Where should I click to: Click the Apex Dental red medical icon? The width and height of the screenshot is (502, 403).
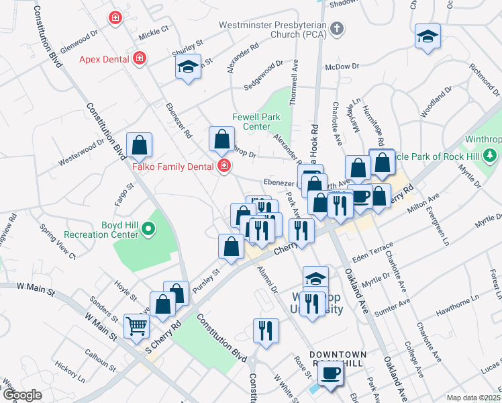tap(140, 59)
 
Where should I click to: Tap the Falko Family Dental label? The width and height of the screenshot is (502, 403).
tap(171, 167)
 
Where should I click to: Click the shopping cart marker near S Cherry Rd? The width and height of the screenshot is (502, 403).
tap(137, 326)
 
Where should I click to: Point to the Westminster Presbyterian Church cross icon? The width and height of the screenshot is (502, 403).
tap(337, 30)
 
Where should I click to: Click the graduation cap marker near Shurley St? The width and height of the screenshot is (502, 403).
tap(188, 66)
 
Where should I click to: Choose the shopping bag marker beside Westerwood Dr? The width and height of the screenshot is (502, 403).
tap(139, 144)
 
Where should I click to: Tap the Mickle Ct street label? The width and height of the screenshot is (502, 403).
tap(154, 34)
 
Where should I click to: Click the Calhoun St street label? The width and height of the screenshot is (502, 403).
tap(101, 357)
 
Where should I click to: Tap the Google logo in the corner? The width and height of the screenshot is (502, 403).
tap(22, 395)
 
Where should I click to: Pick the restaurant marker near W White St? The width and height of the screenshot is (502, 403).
tap(266, 331)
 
